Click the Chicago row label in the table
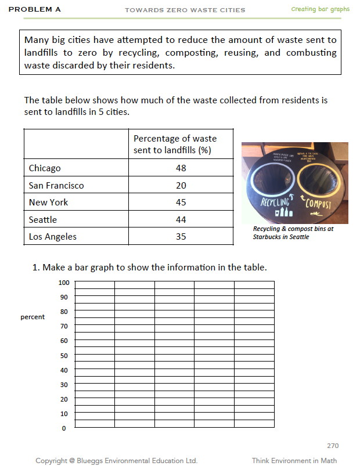pos(45,168)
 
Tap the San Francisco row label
pos(56,186)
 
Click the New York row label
pos(48,203)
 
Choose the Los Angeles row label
pos(53,236)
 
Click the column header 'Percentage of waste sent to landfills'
pos(175,145)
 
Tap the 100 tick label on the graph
pos(64,283)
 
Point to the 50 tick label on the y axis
pos(64,356)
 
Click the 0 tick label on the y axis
pos(64,428)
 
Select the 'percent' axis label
pos(33,317)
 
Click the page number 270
pos(333,446)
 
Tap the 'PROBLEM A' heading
pos(35,9)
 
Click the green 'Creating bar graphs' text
pos(320,9)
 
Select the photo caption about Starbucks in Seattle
pos(292,233)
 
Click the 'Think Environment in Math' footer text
pos(294,461)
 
